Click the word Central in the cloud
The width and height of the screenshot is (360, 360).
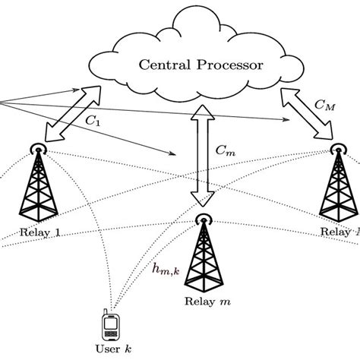[163, 65]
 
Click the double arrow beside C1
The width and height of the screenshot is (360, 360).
[73, 114]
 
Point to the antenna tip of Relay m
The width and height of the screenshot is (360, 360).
[203, 219]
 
